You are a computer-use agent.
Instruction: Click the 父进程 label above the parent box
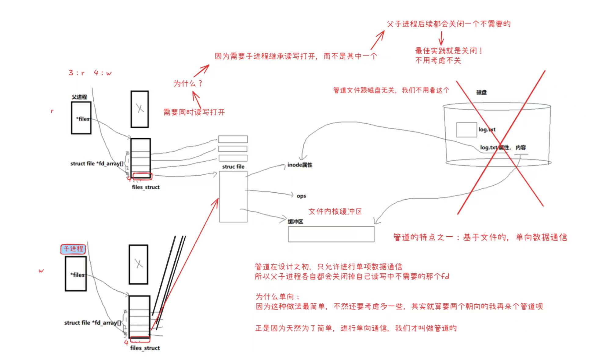click(x=79, y=97)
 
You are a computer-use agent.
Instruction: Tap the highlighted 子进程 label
click(x=73, y=249)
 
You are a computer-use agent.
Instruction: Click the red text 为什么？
click(x=188, y=83)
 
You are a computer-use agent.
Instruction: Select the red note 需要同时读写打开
click(x=194, y=112)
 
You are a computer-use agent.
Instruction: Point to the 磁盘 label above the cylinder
click(x=481, y=92)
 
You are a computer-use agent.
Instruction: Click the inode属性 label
click(x=300, y=165)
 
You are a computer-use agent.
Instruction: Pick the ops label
click(x=301, y=196)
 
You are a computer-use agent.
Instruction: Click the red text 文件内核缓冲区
click(x=335, y=212)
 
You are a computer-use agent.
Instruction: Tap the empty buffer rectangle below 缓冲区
click(x=331, y=234)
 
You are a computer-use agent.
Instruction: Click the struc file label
click(x=233, y=167)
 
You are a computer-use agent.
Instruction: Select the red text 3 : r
click(x=76, y=73)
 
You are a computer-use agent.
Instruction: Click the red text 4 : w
click(x=103, y=73)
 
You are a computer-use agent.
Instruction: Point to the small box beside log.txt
click(x=466, y=130)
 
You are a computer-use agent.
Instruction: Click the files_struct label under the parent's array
click(x=146, y=187)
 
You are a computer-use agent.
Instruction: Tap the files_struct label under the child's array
click(x=145, y=348)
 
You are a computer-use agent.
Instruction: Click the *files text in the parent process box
click(x=83, y=119)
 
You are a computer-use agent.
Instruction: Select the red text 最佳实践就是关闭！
click(x=449, y=51)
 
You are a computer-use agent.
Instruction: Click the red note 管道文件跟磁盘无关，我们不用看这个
click(x=391, y=90)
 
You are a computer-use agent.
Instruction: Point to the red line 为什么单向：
click(x=278, y=296)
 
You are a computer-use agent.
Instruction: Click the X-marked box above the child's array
click(x=139, y=264)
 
